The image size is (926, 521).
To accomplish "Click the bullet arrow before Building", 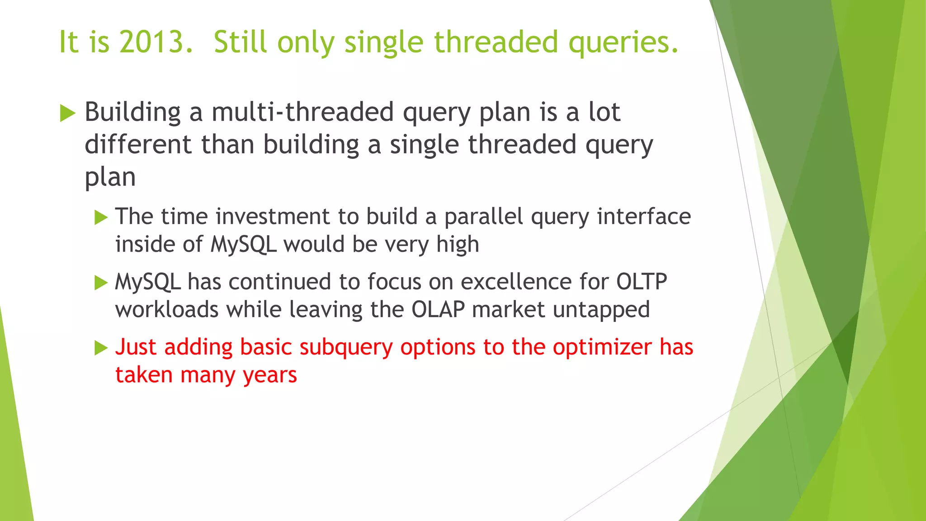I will [67, 113].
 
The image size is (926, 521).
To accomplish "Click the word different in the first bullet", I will [138, 145].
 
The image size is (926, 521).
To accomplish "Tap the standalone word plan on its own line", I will [110, 178].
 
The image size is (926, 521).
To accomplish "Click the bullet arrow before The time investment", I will [101, 218].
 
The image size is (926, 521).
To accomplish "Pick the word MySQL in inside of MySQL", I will [243, 245].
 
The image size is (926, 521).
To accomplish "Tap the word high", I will [457, 245].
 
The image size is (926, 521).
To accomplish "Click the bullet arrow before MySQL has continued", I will [101, 283].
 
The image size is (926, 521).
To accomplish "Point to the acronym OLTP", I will [642, 282].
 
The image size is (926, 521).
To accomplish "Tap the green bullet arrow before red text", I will [101, 348].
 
